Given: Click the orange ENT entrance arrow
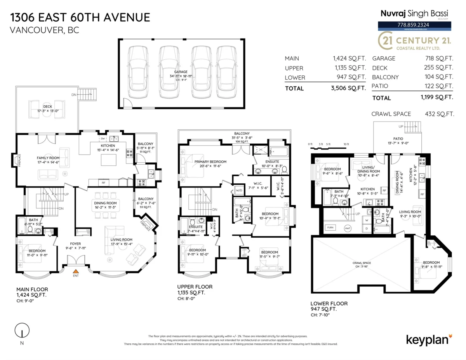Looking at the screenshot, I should coord(77,271).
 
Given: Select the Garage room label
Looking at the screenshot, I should coord(181,72).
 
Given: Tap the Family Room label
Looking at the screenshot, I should coord(48,158).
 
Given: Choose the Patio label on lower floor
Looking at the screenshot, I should coord(398,138).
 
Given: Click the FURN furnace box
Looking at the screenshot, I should coord(331,228).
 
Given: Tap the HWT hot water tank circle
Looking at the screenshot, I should coord(348,228).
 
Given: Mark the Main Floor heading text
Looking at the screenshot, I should coord(32,289).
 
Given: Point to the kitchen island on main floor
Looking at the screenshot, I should coord(109,159).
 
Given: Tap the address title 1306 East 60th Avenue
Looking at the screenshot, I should coord(80,17).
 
